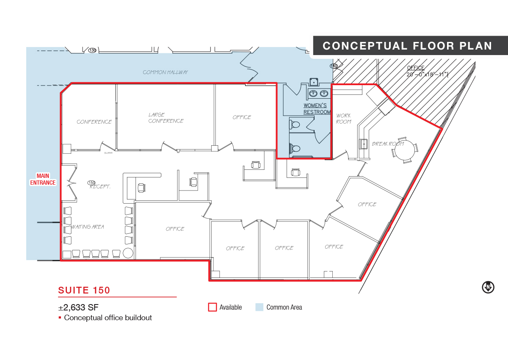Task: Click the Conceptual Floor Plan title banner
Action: [x=410, y=45]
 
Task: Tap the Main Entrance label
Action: [x=43, y=179]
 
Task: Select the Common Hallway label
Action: [x=166, y=72]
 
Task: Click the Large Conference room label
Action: [x=166, y=118]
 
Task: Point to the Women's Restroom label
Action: [x=317, y=109]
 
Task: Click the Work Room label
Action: [x=344, y=119]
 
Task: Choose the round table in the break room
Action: [x=405, y=150]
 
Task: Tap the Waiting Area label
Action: [x=88, y=227]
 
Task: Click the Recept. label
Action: [x=100, y=187]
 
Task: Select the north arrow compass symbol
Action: [x=488, y=288]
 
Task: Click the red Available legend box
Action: [x=213, y=307]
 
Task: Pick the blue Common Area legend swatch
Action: [x=260, y=307]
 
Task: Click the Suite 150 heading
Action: [x=84, y=291]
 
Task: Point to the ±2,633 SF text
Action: [x=78, y=307]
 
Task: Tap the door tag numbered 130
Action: [x=92, y=50]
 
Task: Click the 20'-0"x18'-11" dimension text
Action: [x=428, y=75]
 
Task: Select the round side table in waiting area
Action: [x=128, y=253]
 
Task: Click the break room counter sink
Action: [x=364, y=144]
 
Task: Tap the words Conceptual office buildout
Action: [x=108, y=318]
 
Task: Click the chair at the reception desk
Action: [x=141, y=188]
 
